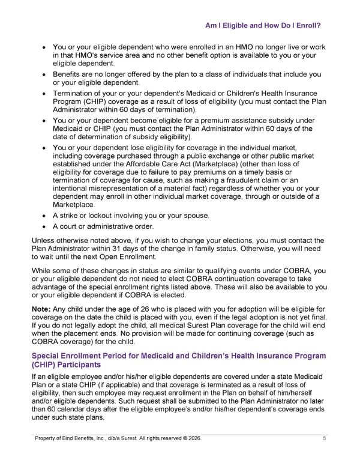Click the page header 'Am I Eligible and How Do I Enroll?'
point(262,26)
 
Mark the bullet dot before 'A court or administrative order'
point(44,227)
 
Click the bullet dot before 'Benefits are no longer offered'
point(44,75)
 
